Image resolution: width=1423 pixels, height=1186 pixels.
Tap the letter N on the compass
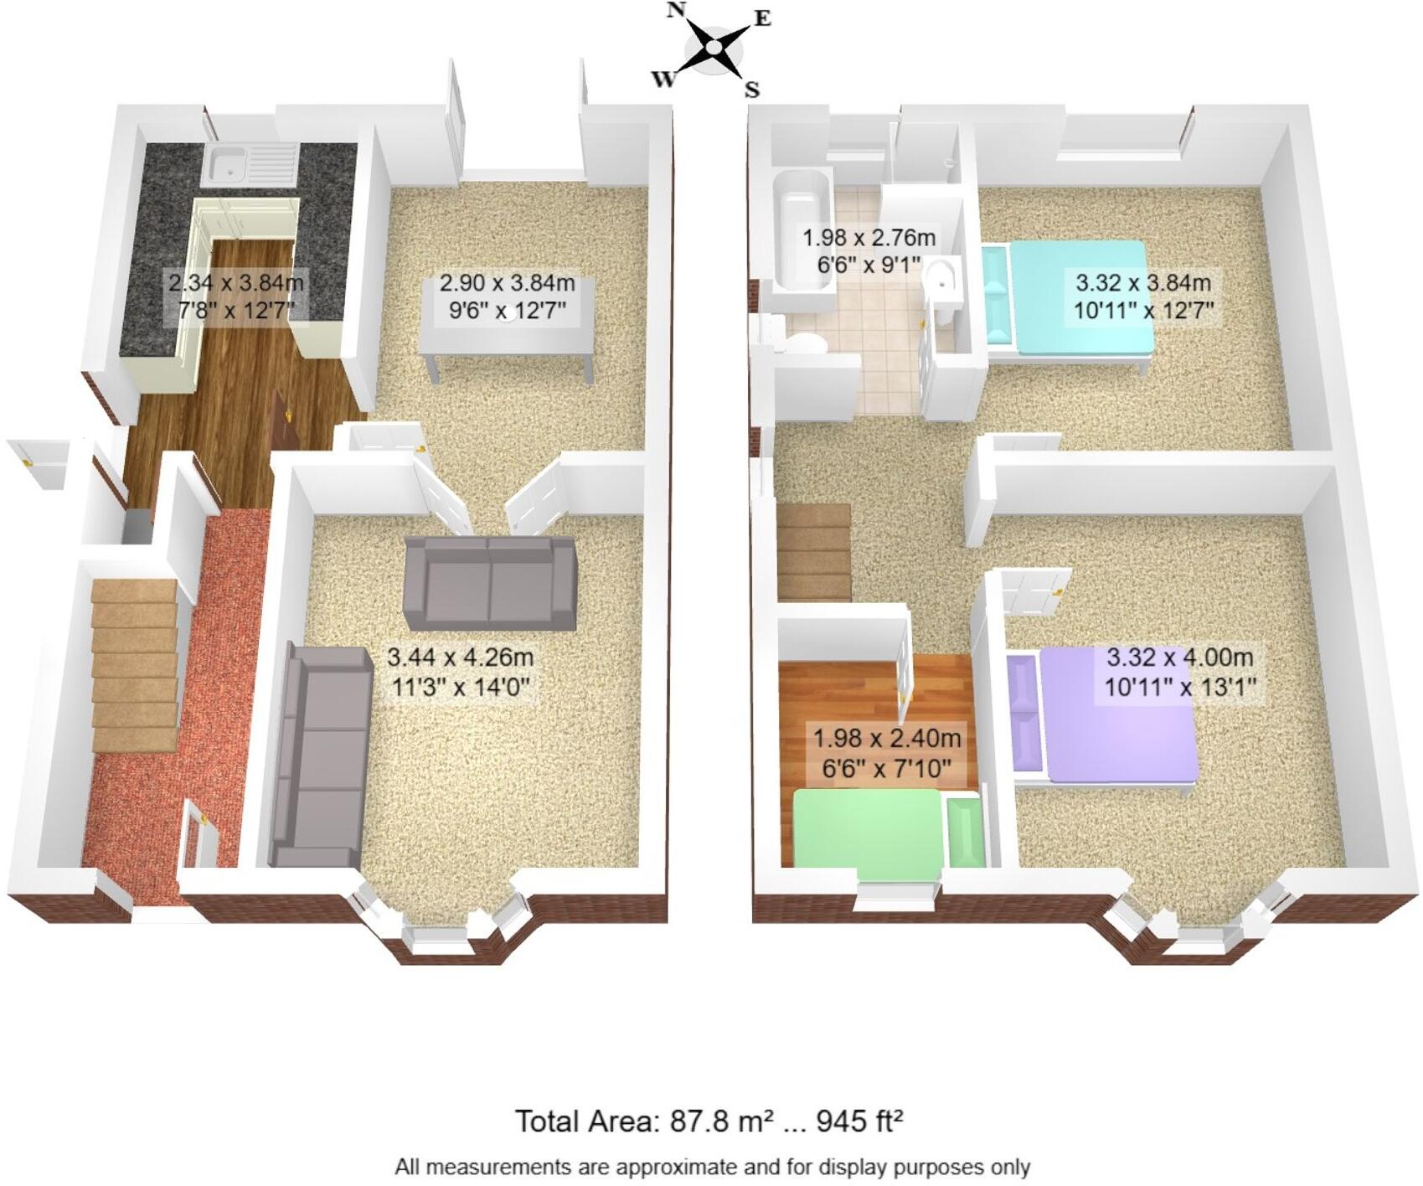coord(676,10)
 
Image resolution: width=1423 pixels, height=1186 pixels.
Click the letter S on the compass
coord(752,90)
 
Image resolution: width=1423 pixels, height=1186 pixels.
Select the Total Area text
coord(709,1121)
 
